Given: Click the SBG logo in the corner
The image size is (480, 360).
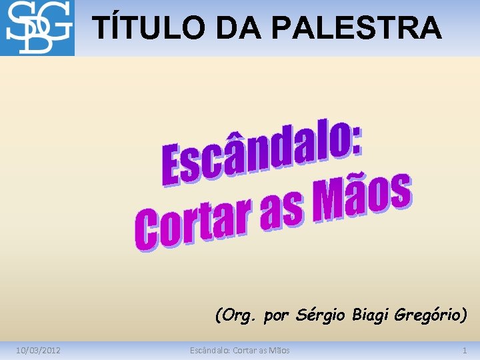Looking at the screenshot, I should [37, 28].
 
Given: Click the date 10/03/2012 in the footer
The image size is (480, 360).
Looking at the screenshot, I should [39, 350].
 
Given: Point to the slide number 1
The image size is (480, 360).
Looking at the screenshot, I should [465, 350].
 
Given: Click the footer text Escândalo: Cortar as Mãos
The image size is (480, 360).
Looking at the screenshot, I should [239, 350].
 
